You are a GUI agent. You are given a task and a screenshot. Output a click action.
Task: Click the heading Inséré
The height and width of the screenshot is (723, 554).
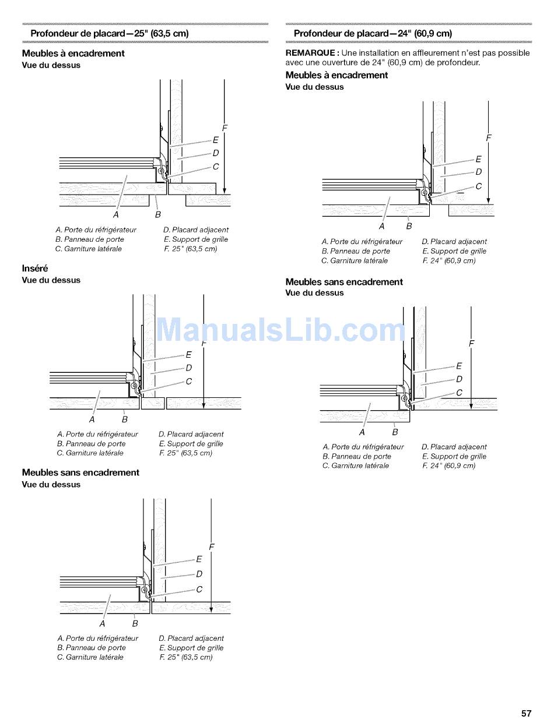35,269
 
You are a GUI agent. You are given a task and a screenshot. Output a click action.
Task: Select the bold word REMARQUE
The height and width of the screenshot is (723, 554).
308,53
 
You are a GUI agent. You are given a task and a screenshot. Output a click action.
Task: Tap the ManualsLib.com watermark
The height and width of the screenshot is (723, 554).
282,330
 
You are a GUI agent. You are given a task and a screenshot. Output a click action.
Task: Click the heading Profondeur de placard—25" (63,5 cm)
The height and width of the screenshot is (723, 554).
110,34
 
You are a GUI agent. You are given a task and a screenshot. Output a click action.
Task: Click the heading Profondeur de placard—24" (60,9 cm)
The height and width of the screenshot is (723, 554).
373,34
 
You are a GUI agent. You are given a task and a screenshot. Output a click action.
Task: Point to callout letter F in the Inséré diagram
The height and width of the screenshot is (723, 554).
204,344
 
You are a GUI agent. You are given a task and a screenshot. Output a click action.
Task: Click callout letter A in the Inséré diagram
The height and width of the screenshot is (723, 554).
92,419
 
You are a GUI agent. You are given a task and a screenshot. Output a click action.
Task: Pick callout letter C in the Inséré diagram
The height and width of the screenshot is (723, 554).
188,382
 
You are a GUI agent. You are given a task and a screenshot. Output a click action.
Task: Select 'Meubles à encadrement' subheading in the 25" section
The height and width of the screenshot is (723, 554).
73,54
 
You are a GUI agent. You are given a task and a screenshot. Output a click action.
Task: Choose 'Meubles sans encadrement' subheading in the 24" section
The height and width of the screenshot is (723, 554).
344,282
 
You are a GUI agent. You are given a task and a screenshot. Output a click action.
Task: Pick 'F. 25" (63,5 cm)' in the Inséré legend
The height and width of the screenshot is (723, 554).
185,453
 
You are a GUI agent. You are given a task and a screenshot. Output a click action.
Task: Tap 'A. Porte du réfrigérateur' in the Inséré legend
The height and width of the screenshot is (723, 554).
97,435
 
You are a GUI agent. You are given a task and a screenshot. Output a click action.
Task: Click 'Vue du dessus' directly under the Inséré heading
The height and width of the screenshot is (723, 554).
51,280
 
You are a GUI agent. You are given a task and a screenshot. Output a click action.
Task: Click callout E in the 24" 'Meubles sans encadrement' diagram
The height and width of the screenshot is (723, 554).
459,366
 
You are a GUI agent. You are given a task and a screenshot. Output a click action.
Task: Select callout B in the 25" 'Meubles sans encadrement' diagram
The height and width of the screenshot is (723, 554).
135,623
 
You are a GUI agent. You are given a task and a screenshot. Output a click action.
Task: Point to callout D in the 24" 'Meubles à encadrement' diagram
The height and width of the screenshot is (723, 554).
479,172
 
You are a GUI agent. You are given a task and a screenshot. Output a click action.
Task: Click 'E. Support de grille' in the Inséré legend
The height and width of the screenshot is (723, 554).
191,444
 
